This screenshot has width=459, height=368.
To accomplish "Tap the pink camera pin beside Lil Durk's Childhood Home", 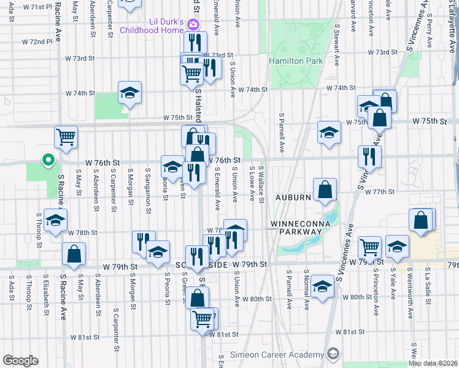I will point(193,25).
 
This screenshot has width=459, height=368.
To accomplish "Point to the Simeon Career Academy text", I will point(277,355).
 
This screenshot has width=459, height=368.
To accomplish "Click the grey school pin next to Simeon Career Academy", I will point(333,354).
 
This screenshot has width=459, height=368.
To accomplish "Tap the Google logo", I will point(20,361).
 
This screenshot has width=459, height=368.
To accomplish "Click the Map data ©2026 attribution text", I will point(433,363).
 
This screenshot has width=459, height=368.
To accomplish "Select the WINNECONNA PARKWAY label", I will point(298,228).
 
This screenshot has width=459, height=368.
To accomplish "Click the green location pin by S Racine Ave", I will point(48,161).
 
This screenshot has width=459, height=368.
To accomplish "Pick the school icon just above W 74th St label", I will point(129,93).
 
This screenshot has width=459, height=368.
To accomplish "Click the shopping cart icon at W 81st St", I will point(203,318).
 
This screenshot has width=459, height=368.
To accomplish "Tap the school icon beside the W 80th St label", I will point(322,286).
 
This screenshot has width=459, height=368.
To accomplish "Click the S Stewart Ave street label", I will point(337,39).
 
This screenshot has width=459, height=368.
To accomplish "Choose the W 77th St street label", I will point(379,191).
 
